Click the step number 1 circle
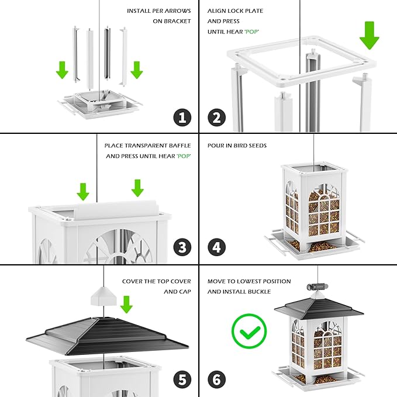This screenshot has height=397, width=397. click(182, 117)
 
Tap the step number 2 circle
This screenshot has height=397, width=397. click(216, 117)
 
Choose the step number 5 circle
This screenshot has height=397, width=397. click(182, 379)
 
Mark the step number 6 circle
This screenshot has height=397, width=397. click(216, 379)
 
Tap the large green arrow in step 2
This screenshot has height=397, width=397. click(369, 35)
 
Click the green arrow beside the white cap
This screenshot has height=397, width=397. click(126, 304)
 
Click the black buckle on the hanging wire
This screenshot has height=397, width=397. click(316, 287)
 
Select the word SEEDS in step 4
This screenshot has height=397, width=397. click(257, 146)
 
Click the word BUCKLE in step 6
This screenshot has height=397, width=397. click(258, 291)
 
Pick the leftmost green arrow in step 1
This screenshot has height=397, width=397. click(62, 71)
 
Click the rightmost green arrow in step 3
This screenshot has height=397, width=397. click(137, 188)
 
